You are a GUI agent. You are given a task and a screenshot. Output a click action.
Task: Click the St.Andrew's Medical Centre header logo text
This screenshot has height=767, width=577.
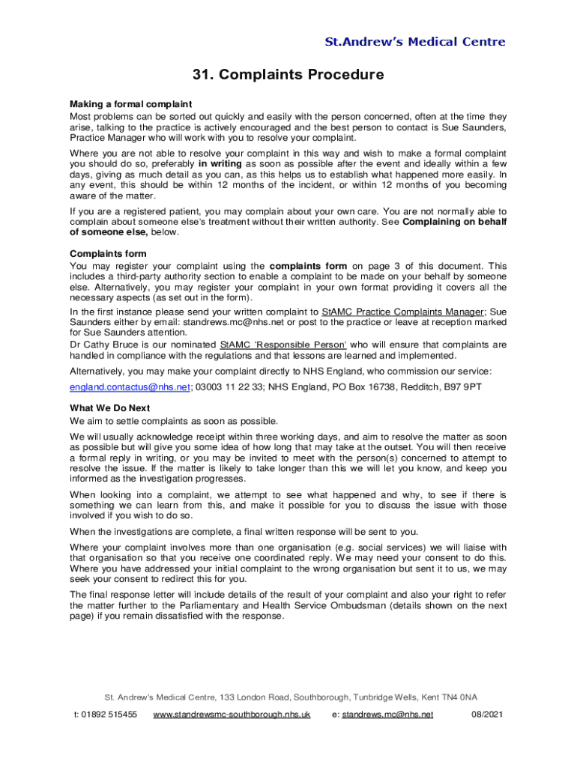[x=414, y=42]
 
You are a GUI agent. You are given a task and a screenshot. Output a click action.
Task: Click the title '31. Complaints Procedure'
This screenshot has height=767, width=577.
[x=288, y=75]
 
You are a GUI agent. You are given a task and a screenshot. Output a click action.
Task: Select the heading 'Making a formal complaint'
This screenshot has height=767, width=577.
[x=131, y=103]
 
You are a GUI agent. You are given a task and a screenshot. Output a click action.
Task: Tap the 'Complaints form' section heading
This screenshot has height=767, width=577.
[x=108, y=253]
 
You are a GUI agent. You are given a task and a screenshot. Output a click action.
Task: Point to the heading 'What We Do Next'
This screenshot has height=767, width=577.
[x=110, y=407]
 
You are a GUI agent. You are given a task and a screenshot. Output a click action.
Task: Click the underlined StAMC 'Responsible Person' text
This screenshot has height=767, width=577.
[x=283, y=345]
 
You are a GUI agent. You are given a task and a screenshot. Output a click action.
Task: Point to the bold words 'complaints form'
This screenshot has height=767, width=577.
[x=308, y=266]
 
